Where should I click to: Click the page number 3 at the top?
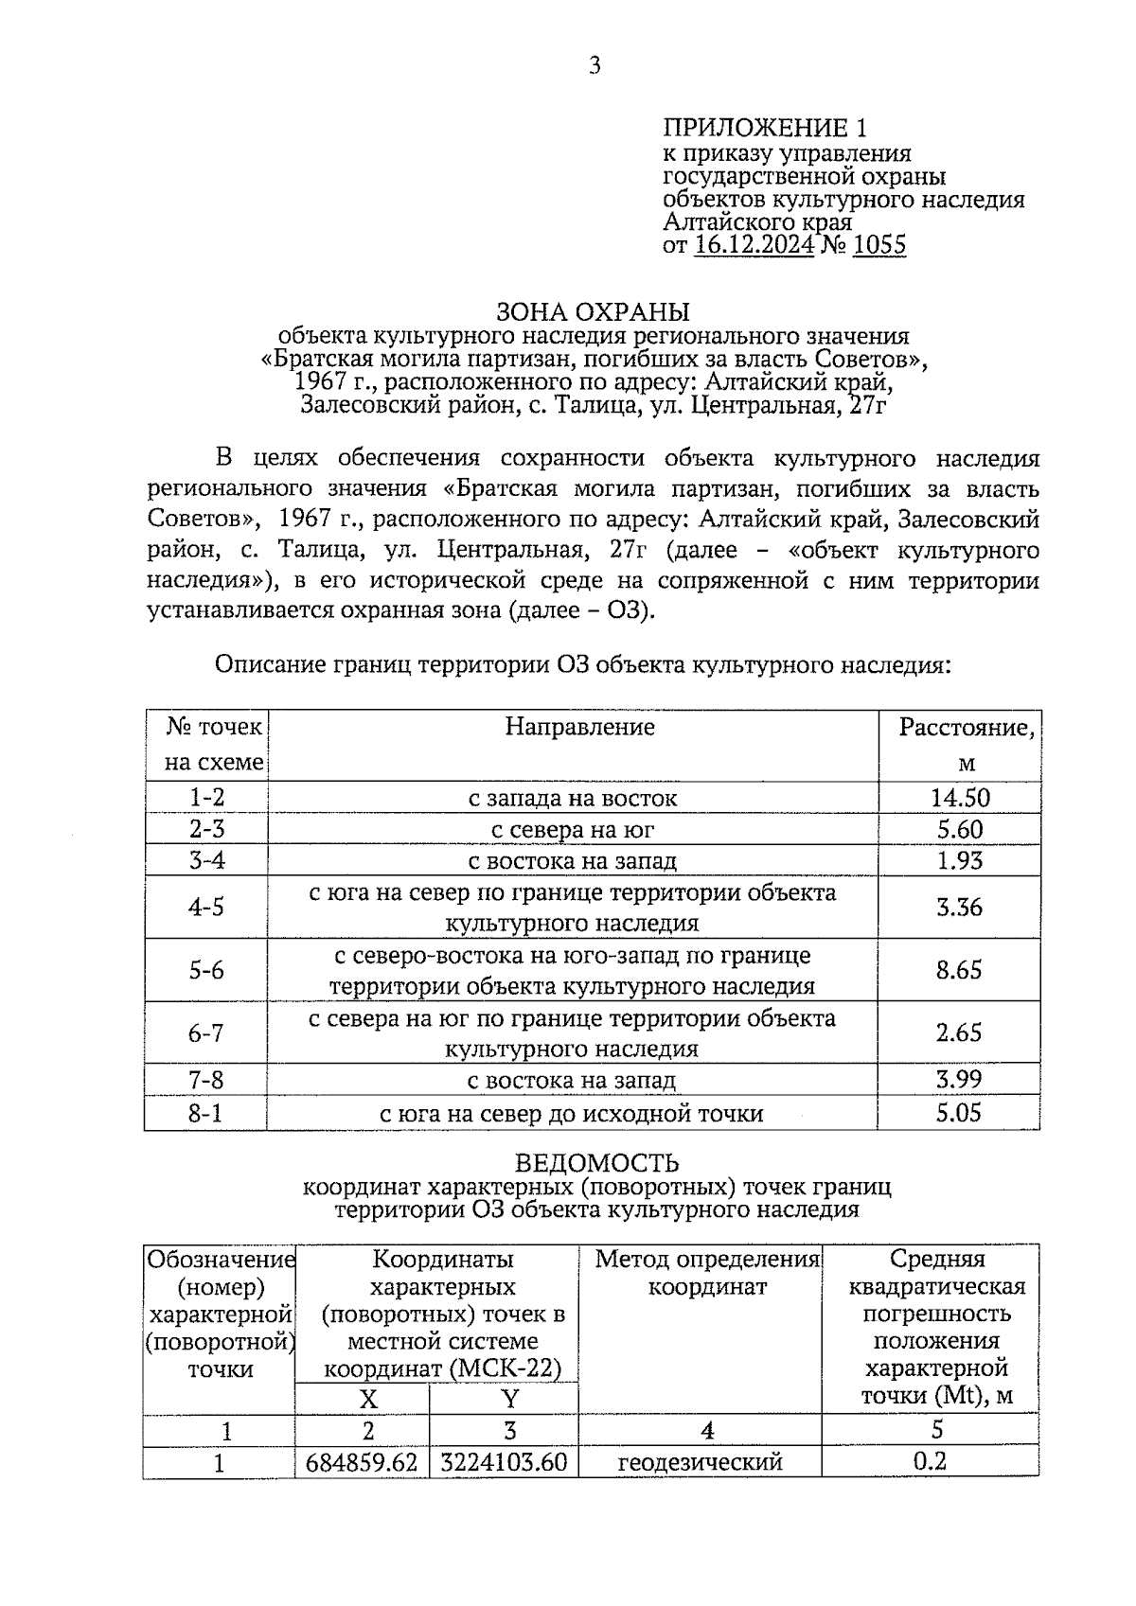595,65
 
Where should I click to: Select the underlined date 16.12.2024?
754,246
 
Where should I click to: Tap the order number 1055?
879,246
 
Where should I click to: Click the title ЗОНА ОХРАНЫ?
594,311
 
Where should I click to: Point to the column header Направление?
579,726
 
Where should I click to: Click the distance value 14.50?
959,797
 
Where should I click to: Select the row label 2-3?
206,830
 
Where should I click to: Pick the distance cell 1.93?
959,860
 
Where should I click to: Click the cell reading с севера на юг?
573,830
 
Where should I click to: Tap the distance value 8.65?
959,970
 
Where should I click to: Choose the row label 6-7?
206,1032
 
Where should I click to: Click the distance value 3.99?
959,1080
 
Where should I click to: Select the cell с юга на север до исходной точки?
572,1113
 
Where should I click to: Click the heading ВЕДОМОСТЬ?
596,1162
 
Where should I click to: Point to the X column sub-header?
367,1399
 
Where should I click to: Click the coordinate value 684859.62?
362,1462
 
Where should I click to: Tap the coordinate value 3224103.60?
504,1462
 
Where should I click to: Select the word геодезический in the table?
700,1462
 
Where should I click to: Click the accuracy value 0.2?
930,1462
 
